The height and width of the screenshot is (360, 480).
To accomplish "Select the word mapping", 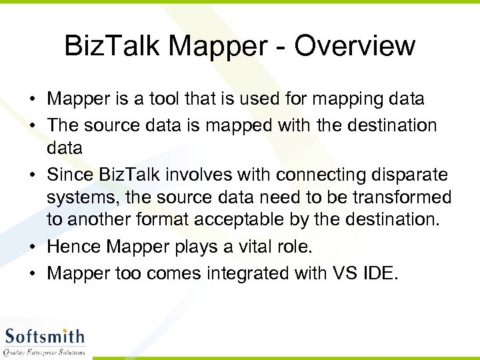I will [345, 99].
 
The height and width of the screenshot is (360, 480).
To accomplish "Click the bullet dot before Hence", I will [32, 247].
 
